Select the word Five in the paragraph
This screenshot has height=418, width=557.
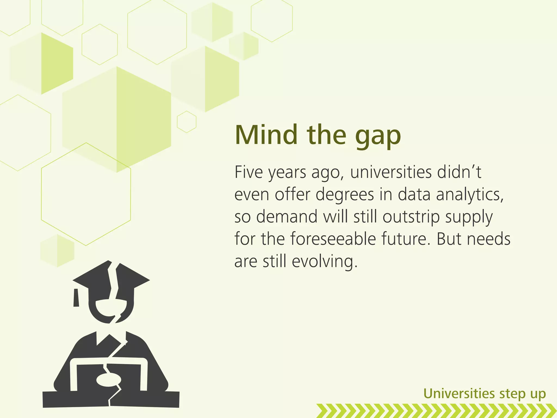click(249, 172)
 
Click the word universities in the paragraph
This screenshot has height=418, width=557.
click(391, 172)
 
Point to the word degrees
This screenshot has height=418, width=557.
click(345, 195)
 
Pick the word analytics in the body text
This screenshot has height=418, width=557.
click(470, 195)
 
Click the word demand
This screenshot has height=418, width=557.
click(287, 217)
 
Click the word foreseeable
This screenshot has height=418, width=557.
click(333, 239)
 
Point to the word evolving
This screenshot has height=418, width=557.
click(324, 262)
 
